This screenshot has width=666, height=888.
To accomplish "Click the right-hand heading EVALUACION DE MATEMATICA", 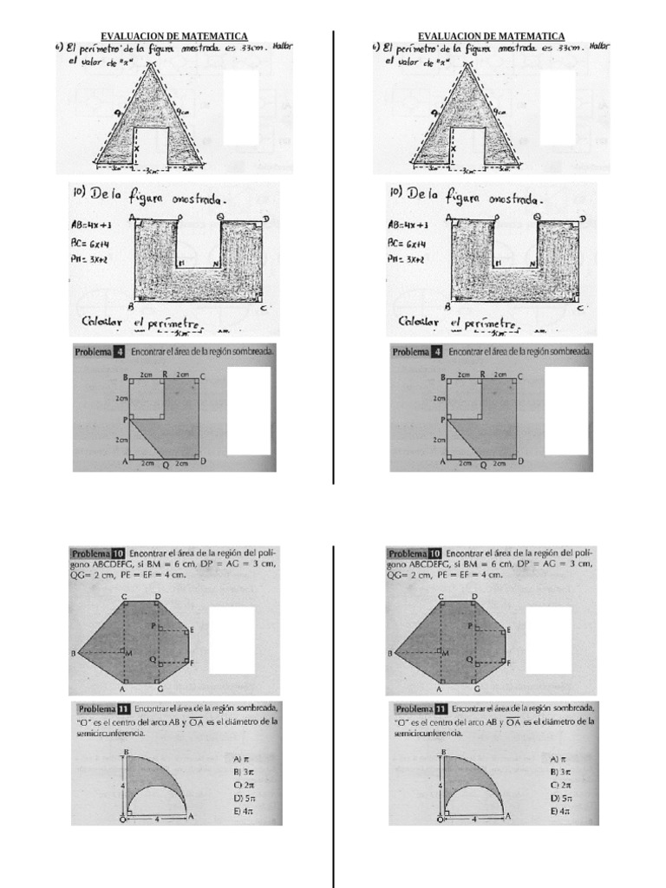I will coord(491,36).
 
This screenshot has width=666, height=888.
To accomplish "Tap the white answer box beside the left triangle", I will coord(241,107).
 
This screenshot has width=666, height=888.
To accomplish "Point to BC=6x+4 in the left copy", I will coord(91,245).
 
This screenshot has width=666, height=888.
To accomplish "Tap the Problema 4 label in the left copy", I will coord(103,353).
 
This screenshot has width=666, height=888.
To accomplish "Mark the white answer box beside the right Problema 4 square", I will coord(565,410).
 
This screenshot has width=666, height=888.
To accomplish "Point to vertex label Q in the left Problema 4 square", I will coord(166,465).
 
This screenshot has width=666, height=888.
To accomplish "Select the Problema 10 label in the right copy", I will coord(415,553).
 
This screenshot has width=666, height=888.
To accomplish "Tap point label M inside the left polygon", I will coord(130,652).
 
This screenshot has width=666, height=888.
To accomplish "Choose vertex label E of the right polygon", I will coord(508,629).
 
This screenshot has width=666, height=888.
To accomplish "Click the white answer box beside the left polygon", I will coord(232,641).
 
